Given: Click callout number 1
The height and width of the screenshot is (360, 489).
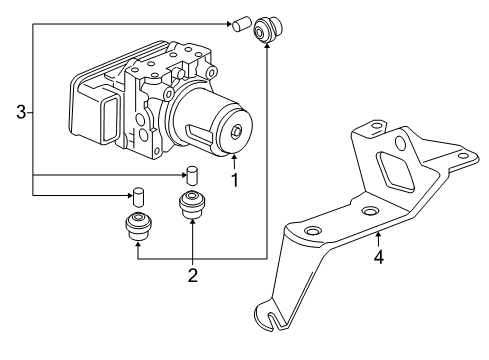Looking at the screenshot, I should (235, 181).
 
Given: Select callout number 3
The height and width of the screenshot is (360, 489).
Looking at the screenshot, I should (20, 113).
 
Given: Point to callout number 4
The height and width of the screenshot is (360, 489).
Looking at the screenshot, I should (378, 258).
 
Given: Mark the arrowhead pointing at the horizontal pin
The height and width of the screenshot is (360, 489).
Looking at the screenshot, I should (227, 21).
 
